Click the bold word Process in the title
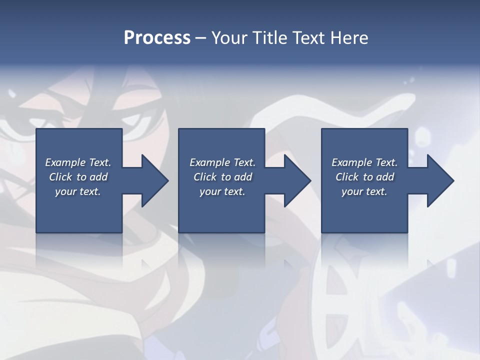[x=157, y=38]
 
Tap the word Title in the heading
[x=269, y=38]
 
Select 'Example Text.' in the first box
[x=78, y=162]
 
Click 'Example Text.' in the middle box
[x=222, y=162]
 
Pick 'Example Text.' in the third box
[x=364, y=162]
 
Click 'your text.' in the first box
[x=78, y=191]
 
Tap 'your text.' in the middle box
[x=222, y=191]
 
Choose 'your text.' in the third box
[x=364, y=191]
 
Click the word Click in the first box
[x=60, y=177]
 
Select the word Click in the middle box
[x=205, y=177]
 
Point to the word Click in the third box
[x=347, y=177]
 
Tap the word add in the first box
[x=98, y=177]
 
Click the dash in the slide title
[x=200, y=38]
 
